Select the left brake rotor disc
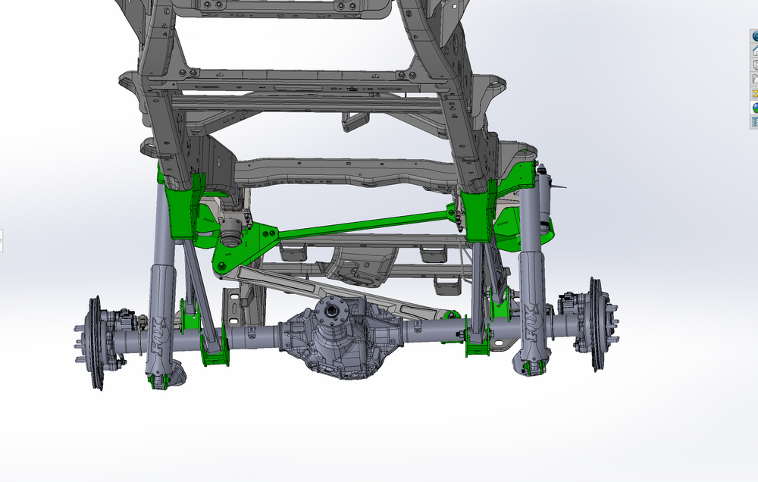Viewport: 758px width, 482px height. (x=96, y=343)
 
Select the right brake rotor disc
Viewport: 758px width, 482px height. (x=597, y=324)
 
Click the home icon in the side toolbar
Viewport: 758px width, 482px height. (x=754, y=50)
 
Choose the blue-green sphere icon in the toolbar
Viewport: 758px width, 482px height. (x=754, y=108)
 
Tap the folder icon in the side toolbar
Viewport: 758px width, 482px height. (x=754, y=79)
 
